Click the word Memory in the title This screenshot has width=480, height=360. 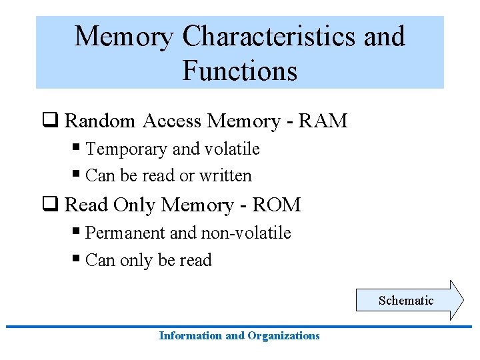[x=124, y=37]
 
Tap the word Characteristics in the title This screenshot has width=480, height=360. [x=269, y=37]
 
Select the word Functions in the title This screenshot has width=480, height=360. [x=239, y=70]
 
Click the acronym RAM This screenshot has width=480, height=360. [x=323, y=121]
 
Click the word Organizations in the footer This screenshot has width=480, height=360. [x=283, y=336]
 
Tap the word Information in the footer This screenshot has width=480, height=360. [x=191, y=336]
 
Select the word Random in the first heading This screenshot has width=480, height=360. [x=100, y=121]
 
